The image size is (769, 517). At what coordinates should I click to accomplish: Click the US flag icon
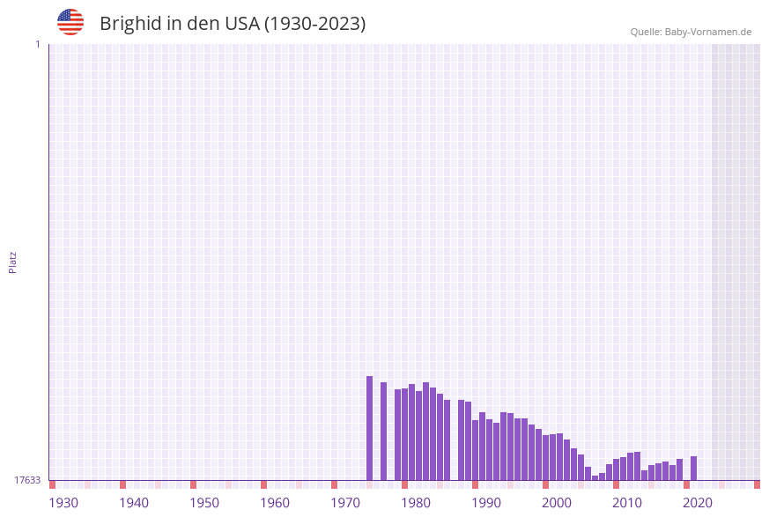[70, 22]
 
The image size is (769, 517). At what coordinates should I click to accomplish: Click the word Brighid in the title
[129, 24]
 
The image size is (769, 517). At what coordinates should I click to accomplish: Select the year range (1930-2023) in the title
[314, 24]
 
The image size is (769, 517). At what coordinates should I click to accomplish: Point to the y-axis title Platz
[13, 262]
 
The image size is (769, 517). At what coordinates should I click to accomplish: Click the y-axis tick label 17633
[27, 480]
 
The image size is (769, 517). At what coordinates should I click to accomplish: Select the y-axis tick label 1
[37, 44]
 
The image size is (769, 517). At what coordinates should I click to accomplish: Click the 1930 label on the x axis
[63, 502]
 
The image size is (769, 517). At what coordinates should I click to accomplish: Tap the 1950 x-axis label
[204, 502]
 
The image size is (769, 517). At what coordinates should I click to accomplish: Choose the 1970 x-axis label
[345, 502]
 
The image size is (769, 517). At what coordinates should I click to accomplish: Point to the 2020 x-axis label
[698, 502]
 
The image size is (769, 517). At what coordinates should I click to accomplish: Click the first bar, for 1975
[370, 428]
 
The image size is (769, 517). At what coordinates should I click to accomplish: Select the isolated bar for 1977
[384, 431]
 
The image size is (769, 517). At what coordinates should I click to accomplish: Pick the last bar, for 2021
[694, 468]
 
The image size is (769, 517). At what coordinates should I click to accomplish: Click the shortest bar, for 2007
[595, 477]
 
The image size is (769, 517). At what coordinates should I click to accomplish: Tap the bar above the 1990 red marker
[476, 449]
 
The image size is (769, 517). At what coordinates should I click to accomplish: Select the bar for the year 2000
[546, 457]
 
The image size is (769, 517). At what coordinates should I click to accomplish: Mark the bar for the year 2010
[617, 469]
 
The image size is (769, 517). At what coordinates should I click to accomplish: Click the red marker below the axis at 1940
[123, 484]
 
